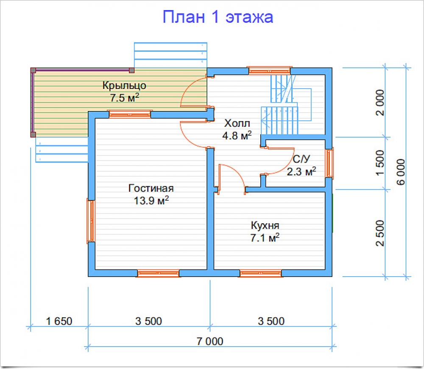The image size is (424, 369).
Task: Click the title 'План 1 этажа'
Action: (x=218, y=17)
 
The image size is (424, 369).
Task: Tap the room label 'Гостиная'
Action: (x=151, y=188)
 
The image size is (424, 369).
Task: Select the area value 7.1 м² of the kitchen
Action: (x=265, y=238)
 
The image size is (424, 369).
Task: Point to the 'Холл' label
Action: (x=237, y=123)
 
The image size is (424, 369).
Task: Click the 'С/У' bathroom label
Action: (x=301, y=159)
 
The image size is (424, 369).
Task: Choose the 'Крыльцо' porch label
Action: (x=124, y=85)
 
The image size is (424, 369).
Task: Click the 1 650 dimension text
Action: (x=59, y=321)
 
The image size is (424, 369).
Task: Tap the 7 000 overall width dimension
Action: (x=210, y=341)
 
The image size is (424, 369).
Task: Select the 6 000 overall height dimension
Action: (x=401, y=172)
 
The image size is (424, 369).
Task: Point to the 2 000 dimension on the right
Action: (x=380, y=103)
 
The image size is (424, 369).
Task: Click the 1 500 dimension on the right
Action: (x=380, y=163)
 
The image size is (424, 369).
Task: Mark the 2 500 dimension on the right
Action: (x=380, y=233)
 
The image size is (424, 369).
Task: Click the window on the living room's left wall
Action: (x=91, y=221)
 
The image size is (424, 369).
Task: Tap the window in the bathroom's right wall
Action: (x=329, y=163)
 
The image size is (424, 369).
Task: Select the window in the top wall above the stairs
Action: (x=269, y=70)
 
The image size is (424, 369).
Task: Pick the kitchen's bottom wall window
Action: (x=260, y=273)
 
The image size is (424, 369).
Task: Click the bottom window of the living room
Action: (x=159, y=273)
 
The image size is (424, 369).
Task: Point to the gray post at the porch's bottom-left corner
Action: (x=33, y=134)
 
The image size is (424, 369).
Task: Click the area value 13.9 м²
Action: (x=151, y=201)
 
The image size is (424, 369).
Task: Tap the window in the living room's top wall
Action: (x=130, y=114)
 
